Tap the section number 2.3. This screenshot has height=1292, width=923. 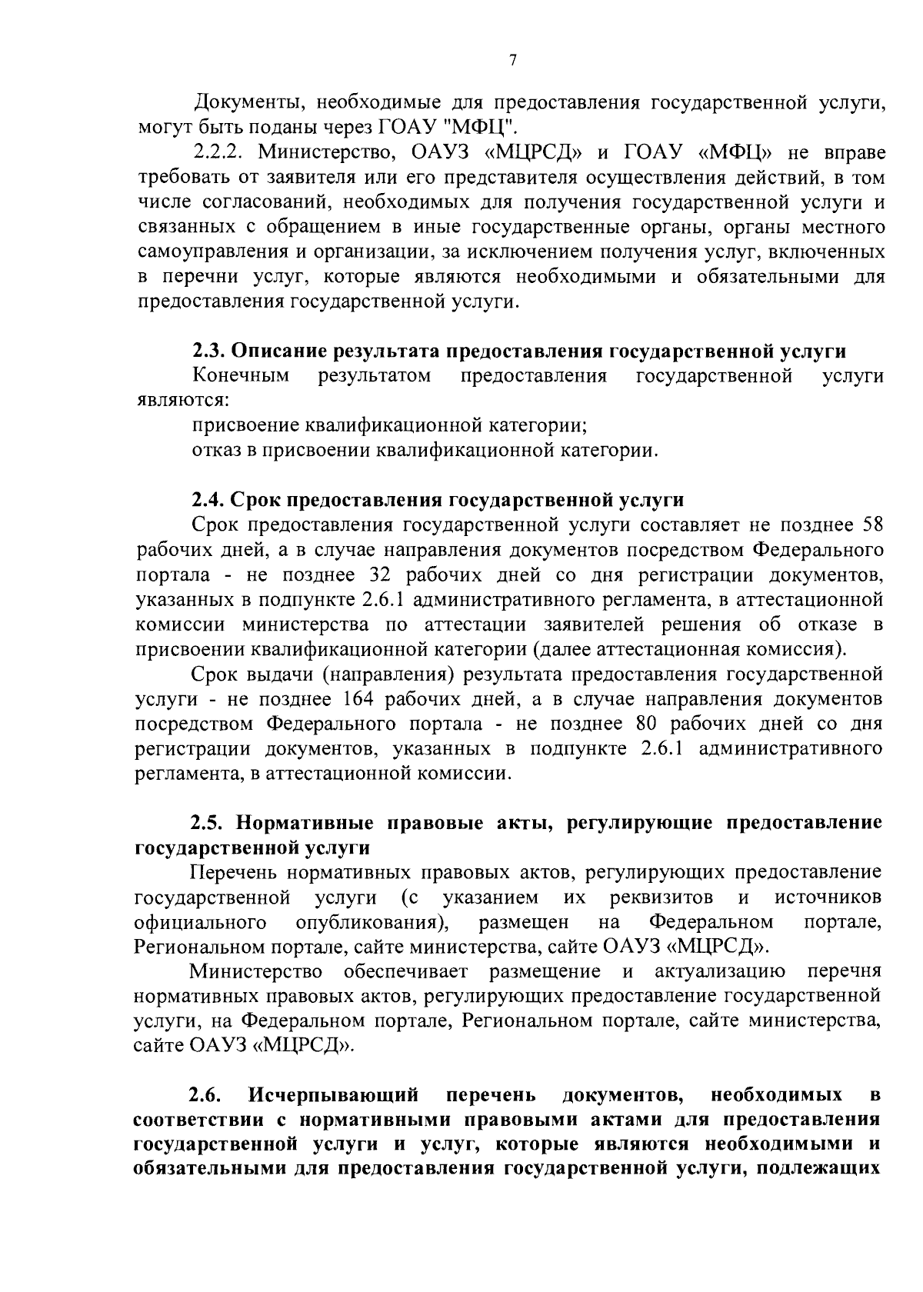point(208,351)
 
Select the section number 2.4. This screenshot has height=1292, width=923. point(208,501)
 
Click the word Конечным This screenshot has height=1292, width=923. point(242,376)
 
